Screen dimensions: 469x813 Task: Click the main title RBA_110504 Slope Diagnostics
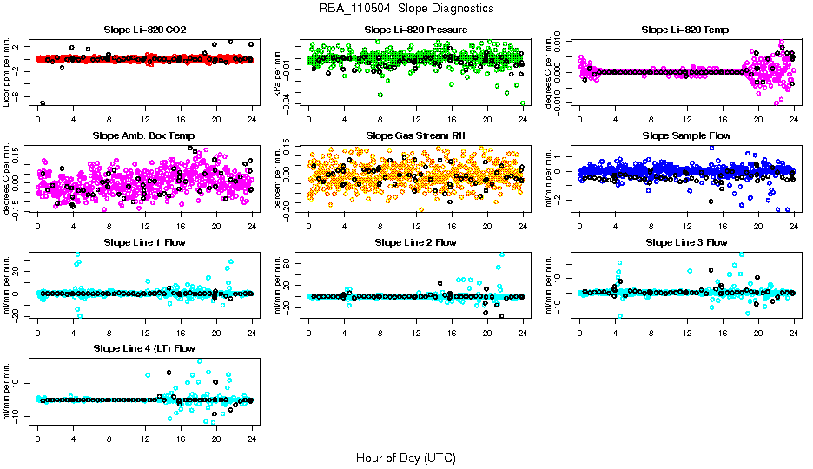(x=406, y=9)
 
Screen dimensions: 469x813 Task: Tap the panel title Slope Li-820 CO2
(x=144, y=30)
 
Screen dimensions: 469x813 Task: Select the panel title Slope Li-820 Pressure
(x=415, y=30)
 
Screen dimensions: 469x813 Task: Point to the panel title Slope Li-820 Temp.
(x=686, y=30)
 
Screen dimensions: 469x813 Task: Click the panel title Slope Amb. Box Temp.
(x=144, y=136)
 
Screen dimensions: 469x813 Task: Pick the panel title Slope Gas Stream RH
(x=415, y=136)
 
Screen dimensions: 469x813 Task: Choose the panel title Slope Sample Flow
(x=686, y=136)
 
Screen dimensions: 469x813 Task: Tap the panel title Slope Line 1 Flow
(x=144, y=242)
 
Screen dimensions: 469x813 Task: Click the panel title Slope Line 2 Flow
(x=415, y=242)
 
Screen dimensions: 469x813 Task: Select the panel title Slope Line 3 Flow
(x=686, y=242)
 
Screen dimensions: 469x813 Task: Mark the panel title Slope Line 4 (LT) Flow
(x=144, y=349)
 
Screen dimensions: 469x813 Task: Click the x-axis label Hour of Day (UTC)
(x=406, y=458)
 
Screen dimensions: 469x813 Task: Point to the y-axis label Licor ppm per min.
(x=7, y=72)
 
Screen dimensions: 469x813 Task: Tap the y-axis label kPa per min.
(x=278, y=72)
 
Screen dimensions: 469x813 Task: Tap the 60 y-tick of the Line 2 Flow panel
(x=294, y=260)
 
